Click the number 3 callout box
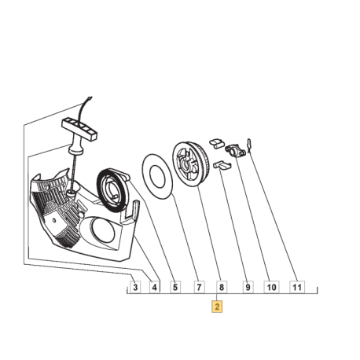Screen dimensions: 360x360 click(135, 287)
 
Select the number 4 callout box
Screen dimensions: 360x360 click(155, 287)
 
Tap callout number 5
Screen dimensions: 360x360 click(175, 287)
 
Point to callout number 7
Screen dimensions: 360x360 click(199, 287)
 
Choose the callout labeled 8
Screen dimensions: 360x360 click(222, 287)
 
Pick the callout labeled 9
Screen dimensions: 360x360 click(246, 287)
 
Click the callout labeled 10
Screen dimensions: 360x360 click(271, 287)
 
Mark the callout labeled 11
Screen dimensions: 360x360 click(297, 287)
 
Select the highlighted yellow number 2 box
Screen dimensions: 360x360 click(217, 307)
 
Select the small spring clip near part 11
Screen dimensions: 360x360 click(249, 141)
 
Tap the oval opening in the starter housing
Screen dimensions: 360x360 click(101, 230)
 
